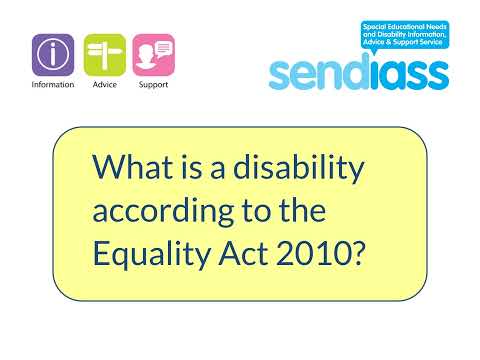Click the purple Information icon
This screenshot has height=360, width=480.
53,55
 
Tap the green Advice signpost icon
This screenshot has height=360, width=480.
104,55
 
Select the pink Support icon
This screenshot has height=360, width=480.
153,55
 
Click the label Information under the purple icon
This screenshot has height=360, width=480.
53,86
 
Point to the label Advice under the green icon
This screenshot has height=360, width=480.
104,86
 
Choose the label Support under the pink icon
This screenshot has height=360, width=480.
153,86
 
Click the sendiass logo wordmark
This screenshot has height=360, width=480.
358,72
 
